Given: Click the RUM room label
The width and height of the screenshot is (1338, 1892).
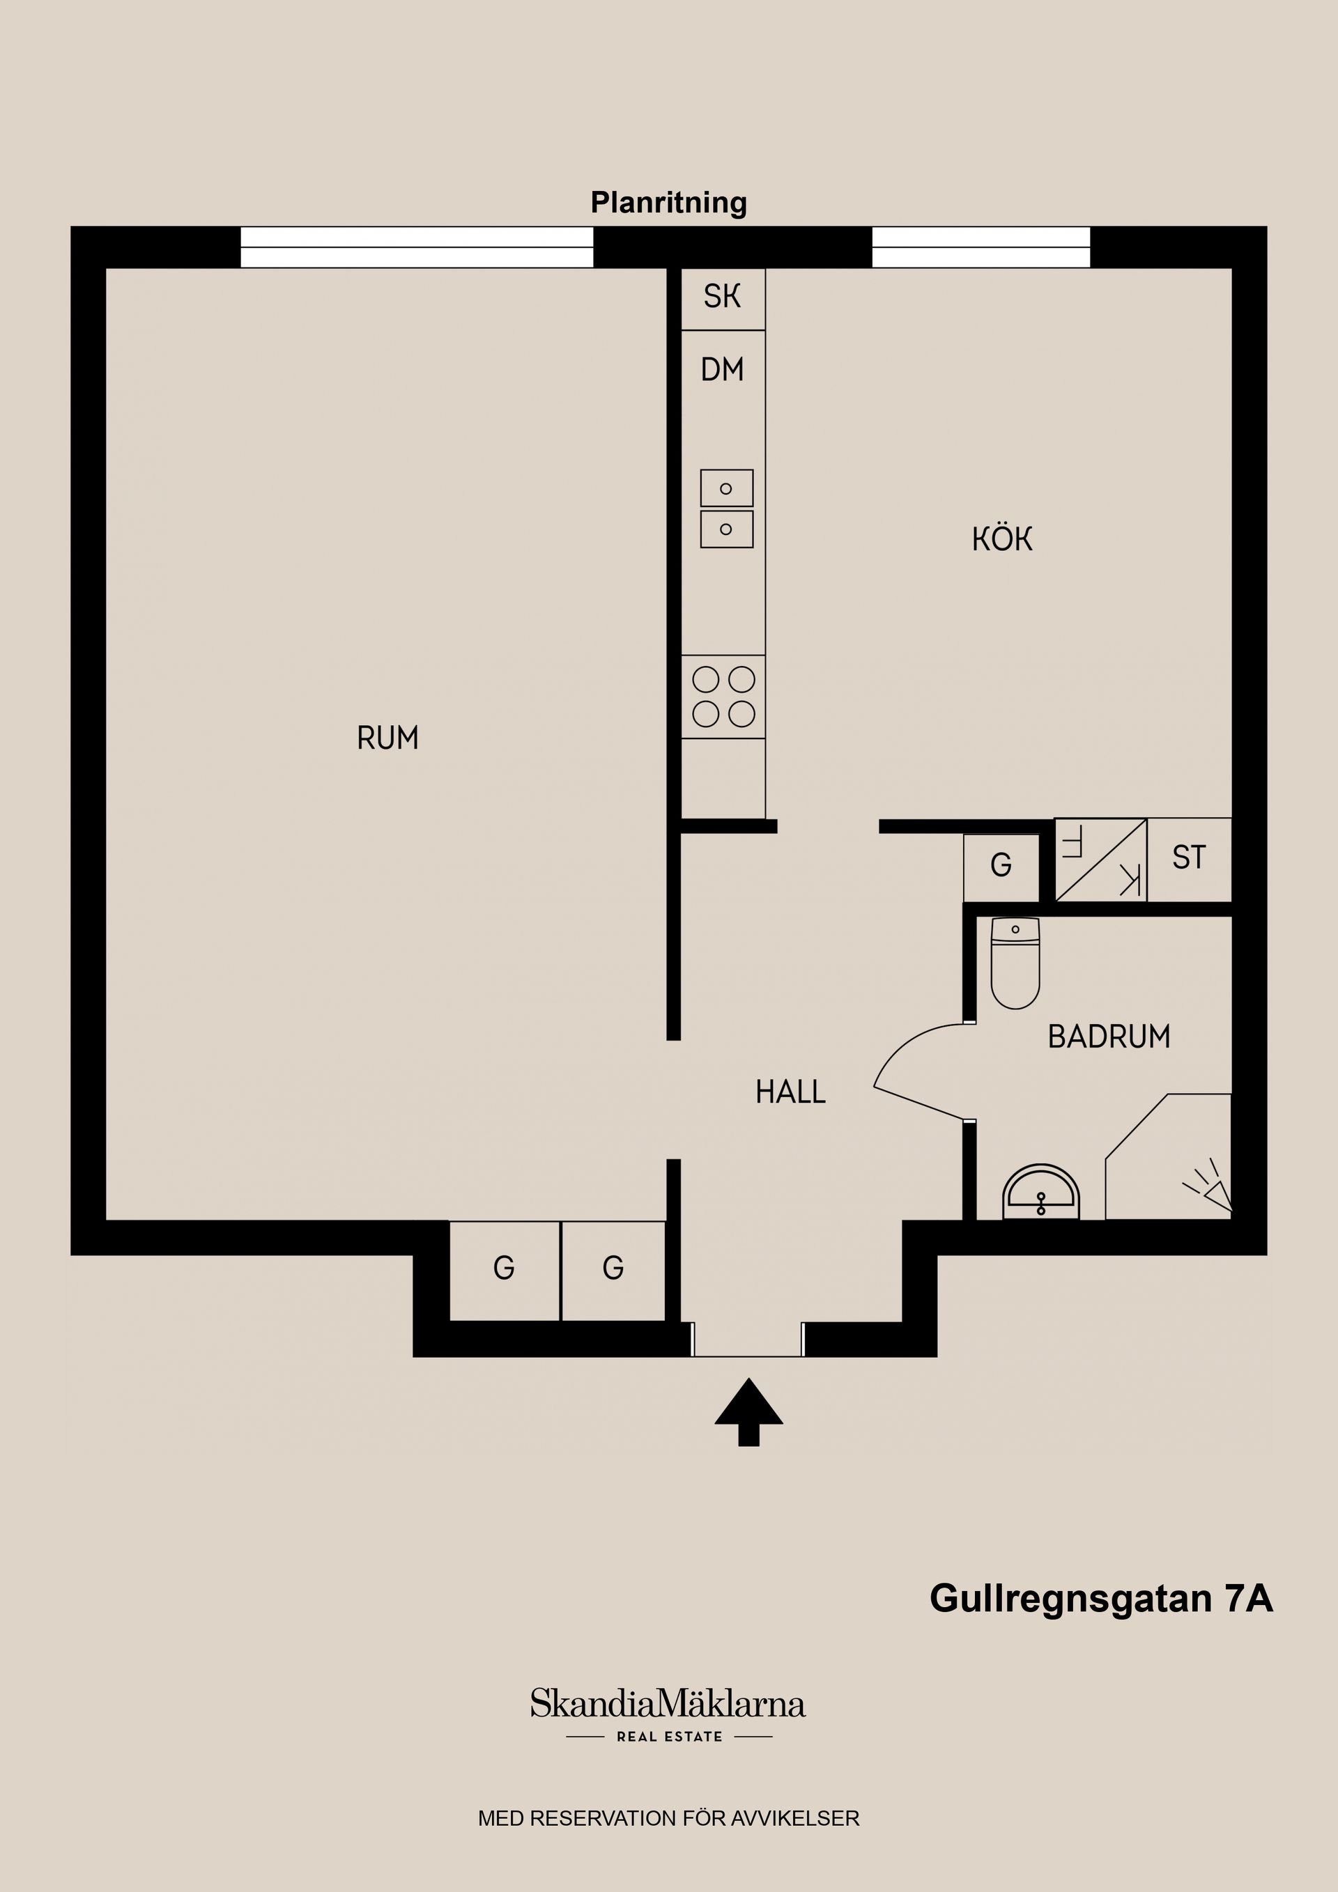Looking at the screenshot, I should tap(387, 738).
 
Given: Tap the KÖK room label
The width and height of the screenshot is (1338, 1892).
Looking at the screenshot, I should tap(1001, 539).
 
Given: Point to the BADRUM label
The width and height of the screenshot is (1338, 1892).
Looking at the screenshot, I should tap(1108, 1037).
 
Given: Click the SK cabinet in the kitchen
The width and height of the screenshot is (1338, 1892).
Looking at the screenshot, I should tap(722, 297).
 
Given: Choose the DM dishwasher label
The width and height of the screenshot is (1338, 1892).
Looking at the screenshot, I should tap(722, 370).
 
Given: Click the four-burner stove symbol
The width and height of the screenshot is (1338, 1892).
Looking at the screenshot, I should tap(723, 697).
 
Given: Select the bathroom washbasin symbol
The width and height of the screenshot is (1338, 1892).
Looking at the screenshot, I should tap(1040, 1193).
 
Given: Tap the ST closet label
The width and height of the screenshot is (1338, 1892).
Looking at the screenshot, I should tap(1189, 858).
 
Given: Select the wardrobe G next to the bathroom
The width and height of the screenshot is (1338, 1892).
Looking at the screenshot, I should tap(1001, 865).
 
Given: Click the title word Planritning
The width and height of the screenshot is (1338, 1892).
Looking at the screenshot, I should tap(668, 202).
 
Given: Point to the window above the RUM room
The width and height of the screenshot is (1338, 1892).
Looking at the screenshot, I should tap(416, 247).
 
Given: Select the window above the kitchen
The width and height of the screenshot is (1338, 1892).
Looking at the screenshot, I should tap(981, 247).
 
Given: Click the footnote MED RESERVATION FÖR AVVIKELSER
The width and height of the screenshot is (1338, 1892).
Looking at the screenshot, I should tap(668, 1819).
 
